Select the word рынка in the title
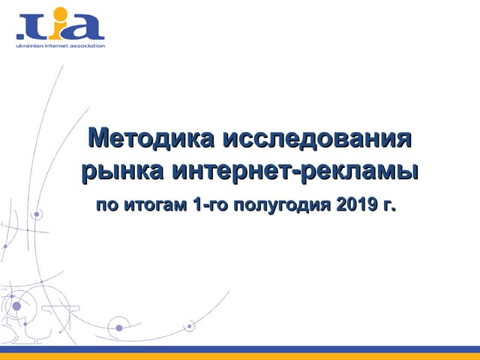point(123,170)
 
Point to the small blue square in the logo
point(20,34)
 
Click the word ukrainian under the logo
point(29,45)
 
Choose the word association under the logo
point(87,45)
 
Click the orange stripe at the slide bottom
point(240,356)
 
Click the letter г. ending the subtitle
point(388,205)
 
